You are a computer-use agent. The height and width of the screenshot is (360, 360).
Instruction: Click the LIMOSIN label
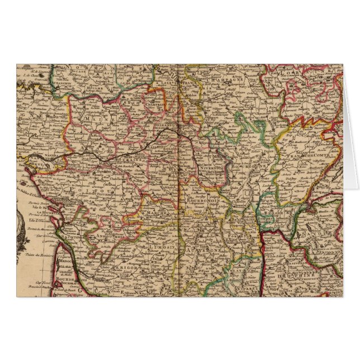coord(163,246)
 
